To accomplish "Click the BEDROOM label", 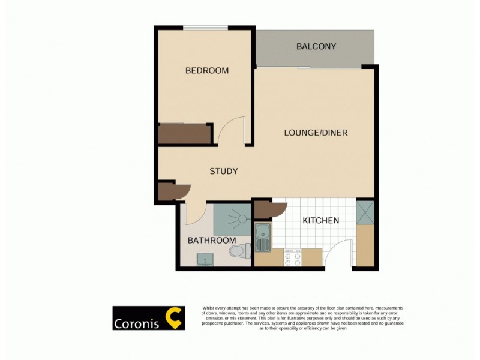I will [207, 71].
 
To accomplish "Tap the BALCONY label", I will [316, 46].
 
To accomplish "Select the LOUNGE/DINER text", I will [316, 133].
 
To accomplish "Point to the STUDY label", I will [223, 171].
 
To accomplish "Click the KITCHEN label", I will [320, 220].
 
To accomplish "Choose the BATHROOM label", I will [212, 241].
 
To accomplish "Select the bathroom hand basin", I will [205, 259].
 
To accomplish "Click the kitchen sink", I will [263, 238].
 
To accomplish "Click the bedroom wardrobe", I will [184, 133].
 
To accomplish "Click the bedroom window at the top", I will [205, 27].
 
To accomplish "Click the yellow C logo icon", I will [173, 318].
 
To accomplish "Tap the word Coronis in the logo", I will [137, 323].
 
